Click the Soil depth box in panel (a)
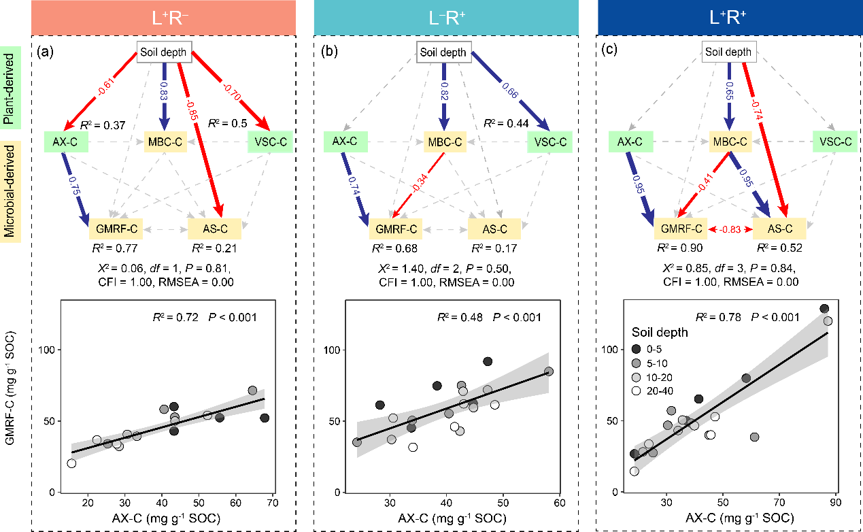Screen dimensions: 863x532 click(164, 52)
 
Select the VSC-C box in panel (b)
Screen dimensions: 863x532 click(549, 142)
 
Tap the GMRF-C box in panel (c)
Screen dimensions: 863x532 click(681, 229)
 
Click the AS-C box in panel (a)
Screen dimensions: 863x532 click(215, 229)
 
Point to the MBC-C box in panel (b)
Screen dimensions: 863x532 click(445, 142)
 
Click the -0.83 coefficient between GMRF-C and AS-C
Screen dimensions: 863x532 click(730, 229)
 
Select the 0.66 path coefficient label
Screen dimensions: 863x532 click(510, 90)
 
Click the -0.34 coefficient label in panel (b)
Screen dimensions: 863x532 click(419, 182)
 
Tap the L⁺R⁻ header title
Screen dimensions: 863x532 click(170, 18)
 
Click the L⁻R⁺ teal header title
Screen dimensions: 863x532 click(447, 18)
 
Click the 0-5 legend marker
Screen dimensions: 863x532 click(636, 349)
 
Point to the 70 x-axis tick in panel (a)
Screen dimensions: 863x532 click(273, 503)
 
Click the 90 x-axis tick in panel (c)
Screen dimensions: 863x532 click(835, 502)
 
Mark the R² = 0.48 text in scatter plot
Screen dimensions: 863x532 click(460, 317)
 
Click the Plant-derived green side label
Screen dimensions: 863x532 click(10, 88)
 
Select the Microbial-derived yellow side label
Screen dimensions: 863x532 click(10, 191)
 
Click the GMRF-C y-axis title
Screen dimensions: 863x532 click(10, 388)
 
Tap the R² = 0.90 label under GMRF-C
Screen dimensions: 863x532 click(679, 248)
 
